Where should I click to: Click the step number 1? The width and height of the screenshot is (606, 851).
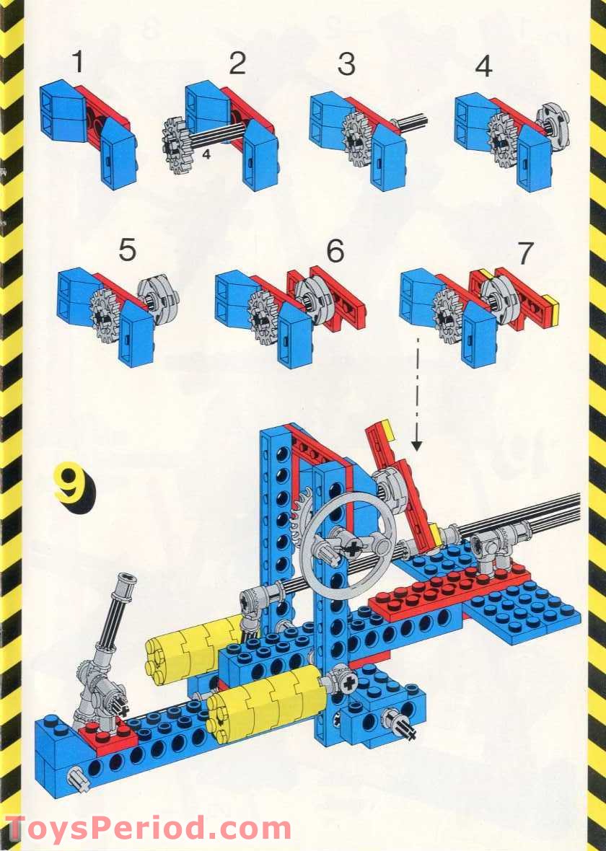click(x=79, y=61)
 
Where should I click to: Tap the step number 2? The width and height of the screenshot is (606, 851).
click(x=237, y=63)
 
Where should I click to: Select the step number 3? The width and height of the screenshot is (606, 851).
click(x=346, y=63)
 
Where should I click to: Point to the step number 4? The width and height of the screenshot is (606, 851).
click(x=483, y=66)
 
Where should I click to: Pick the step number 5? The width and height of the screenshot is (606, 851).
click(x=127, y=250)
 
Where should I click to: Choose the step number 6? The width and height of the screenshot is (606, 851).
click(x=335, y=250)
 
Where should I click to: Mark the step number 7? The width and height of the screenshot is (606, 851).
click(x=525, y=253)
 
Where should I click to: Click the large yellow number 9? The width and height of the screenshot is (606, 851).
click(x=74, y=484)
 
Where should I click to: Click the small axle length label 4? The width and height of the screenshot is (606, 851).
click(x=206, y=154)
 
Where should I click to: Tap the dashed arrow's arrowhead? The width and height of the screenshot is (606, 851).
click(x=416, y=444)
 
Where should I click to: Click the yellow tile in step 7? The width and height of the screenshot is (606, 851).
click(x=550, y=310)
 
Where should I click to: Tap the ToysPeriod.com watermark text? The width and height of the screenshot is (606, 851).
click(x=148, y=830)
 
